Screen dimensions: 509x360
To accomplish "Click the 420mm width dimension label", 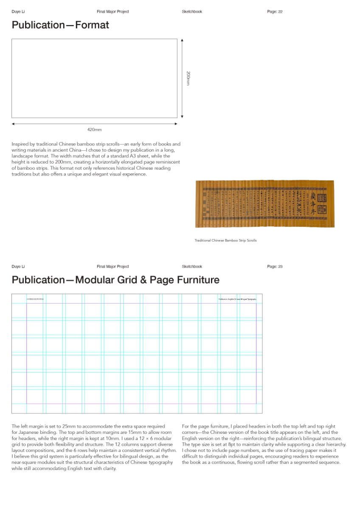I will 94,130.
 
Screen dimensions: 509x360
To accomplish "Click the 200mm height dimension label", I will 188,78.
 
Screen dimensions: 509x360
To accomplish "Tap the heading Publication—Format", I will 60,25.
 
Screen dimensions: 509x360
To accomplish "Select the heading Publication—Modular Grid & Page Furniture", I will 115,280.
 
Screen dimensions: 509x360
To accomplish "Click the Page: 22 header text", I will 275,12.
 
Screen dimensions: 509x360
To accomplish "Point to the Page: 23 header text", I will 275,267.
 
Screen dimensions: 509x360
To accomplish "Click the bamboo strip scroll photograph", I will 264,204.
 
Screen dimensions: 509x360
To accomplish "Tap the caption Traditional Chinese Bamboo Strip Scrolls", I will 225,240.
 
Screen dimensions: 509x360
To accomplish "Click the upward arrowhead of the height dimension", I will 182,40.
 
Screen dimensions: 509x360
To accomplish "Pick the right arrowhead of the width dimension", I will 176,124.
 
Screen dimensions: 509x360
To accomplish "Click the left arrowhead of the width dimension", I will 13,124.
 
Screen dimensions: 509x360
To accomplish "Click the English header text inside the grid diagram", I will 237,299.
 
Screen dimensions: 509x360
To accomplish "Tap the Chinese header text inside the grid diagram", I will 35,299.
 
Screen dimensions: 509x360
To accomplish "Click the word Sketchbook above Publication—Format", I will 192,12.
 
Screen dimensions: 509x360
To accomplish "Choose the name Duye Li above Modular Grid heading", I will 18,267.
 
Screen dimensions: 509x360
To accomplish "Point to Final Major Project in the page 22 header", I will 112,12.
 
